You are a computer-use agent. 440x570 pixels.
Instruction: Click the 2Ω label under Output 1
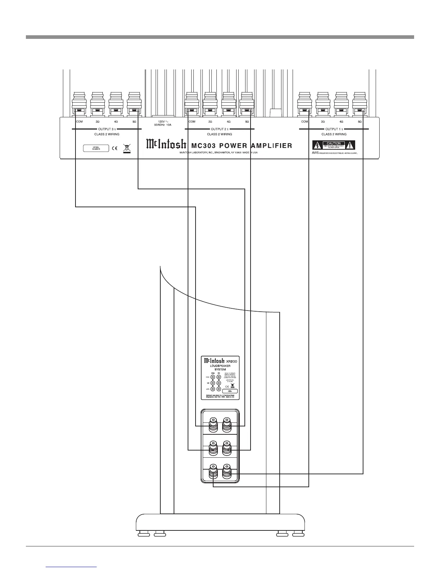click(323, 122)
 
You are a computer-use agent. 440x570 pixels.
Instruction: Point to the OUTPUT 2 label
click(219, 129)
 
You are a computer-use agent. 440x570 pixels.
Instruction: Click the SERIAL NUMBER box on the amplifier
click(96, 148)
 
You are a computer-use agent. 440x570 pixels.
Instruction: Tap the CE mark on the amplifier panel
click(115, 148)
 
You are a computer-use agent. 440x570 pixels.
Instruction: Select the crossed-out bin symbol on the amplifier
click(126, 148)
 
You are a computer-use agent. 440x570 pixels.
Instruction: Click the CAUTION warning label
click(333, 145)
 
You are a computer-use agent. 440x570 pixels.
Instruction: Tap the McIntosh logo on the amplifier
click(166, 145)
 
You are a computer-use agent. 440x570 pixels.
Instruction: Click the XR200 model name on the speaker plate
click(232, 361)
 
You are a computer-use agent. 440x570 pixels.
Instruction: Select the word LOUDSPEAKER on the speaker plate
click(220, 366)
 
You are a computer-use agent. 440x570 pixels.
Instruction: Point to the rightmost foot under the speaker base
click(298, 534)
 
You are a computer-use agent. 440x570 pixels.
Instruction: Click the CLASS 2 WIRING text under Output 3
click(104, 134)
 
